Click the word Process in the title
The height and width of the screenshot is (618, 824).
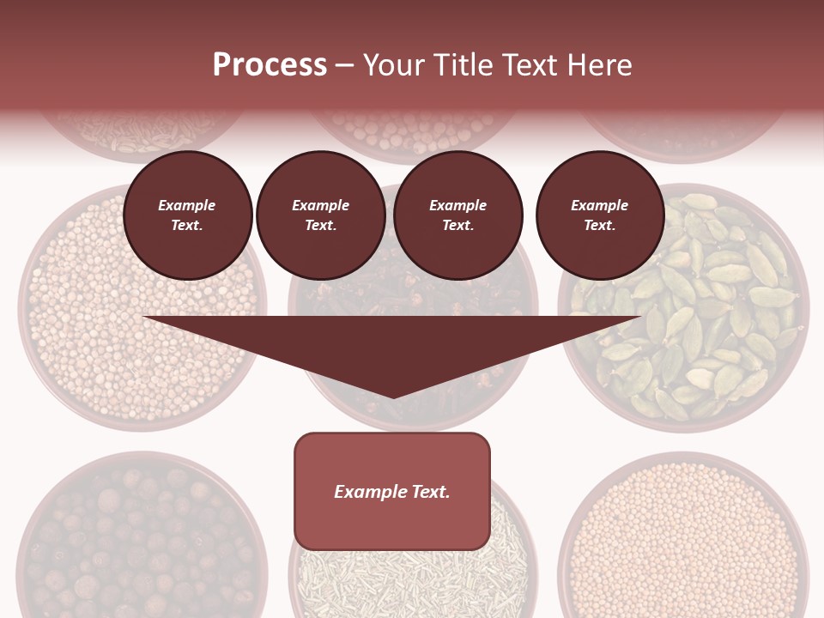(270, 64)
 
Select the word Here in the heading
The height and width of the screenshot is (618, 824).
(598, 64)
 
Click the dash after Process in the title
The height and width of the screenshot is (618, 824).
(345, 65)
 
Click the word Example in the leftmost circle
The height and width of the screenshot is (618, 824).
(187, 205)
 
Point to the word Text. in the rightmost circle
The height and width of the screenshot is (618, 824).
(600, 225)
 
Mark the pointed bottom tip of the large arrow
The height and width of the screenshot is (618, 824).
(393, 397)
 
